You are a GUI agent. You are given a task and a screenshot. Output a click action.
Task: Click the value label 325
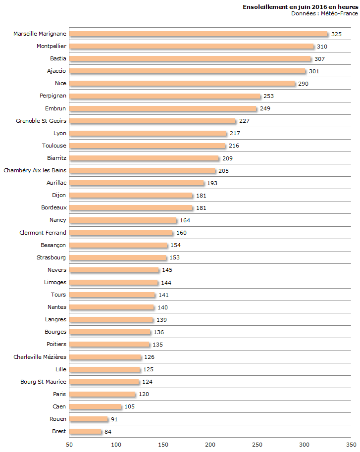click(336, 34)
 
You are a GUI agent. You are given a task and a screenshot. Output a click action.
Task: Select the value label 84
click(108, 432)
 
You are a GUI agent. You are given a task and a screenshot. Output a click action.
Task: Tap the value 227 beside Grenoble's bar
click(244, 121)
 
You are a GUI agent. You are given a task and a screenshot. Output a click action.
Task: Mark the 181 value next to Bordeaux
click(201, 208)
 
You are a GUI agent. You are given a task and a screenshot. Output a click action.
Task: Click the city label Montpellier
click(51, 46)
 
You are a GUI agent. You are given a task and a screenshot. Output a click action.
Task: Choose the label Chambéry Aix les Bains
click(35, 170)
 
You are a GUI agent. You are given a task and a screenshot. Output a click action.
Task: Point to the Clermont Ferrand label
click(43, 233)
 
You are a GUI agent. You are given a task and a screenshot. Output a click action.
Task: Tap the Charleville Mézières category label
click(40, 357)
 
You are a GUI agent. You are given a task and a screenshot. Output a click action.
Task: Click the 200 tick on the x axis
click(210, 445)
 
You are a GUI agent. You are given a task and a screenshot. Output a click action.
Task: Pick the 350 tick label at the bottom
click(351, 445)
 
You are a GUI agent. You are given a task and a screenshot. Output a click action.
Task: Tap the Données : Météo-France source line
click(324, 13)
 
